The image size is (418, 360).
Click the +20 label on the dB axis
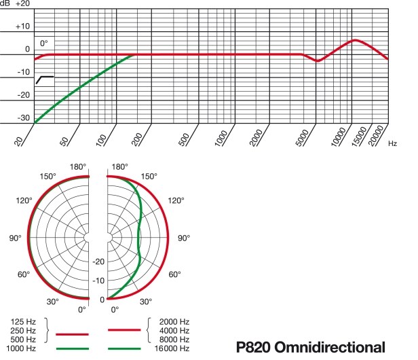tap(22, 4)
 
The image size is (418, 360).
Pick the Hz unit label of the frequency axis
tap(394, 143)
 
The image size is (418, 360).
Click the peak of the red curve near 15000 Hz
tap(355, 40)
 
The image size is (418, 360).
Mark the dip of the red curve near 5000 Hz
tap(318, 61)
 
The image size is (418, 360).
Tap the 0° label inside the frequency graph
tap(44, 43)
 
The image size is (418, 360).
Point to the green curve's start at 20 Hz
tap(35, 122)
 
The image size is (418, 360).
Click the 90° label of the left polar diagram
tap(15, 238)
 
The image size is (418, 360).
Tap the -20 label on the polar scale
tap(98, 262)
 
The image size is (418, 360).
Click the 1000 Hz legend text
tap(22, 348)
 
